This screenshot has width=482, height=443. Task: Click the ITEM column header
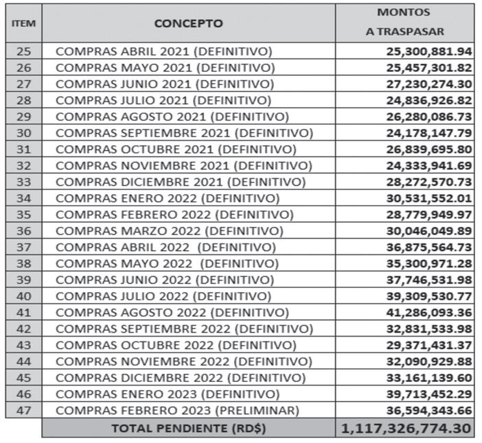point(23,23)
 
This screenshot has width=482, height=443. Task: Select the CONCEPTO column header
point(188,23)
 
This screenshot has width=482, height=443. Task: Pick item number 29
point(23,117)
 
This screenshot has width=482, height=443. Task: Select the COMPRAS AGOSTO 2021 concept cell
point(172,117)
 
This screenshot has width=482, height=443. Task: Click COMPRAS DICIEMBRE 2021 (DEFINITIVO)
point(180,182)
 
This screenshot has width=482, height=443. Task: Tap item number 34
point(23,199)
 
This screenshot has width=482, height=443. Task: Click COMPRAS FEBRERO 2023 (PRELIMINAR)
point(177,411)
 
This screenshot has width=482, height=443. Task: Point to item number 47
point(23,411)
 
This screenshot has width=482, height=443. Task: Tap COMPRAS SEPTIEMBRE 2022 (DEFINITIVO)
point(184,329)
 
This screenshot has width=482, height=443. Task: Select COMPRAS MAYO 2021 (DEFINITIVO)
point(165,68)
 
